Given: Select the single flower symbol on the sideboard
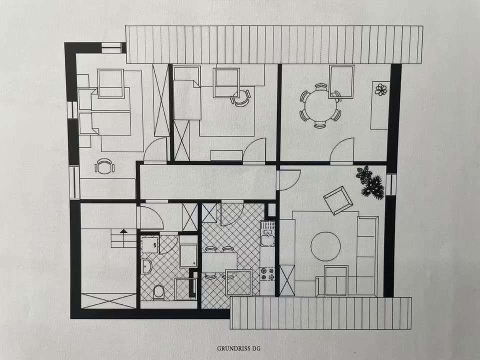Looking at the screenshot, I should (x=381, y=90).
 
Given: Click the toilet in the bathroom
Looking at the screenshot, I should (x=159, y=291).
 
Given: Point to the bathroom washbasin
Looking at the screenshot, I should (x=145, y=266).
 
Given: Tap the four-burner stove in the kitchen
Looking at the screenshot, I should (x=267, y=273).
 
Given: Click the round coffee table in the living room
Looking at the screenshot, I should (x=325, y=246).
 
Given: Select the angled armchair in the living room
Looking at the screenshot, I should (x=338, y=200).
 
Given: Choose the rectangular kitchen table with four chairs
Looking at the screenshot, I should (x=219, y=262).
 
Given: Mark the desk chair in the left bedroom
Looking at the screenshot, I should (x=104, y=166).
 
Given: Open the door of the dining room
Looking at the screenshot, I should (x=342, y=150).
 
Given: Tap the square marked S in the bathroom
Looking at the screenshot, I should (x=149, y=245).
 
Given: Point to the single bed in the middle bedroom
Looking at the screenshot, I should (x=187, y=99).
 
